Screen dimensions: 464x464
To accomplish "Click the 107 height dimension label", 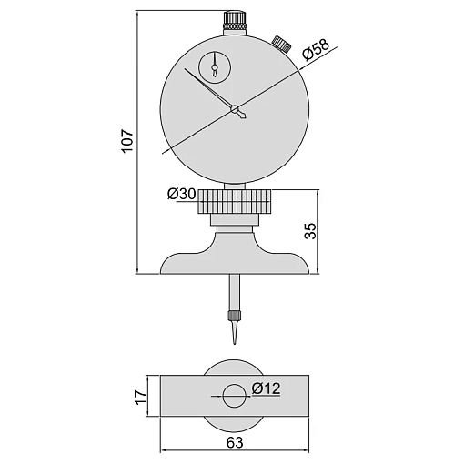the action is (126, 141).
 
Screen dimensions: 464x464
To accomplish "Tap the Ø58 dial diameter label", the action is (316, 49).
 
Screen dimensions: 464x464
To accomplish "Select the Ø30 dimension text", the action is (182, 194).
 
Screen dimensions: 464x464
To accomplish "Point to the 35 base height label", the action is (309, 231).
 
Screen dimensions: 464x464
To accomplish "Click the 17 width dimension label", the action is (140, 396).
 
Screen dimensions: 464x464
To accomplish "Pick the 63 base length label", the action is (235, 442).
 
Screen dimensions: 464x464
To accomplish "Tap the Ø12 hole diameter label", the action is (266, 388).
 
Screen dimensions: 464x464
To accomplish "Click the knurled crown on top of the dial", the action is (235, 21).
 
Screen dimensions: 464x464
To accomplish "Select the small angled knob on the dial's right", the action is (282, 44).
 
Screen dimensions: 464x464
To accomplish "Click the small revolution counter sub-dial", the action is (215, 67).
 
